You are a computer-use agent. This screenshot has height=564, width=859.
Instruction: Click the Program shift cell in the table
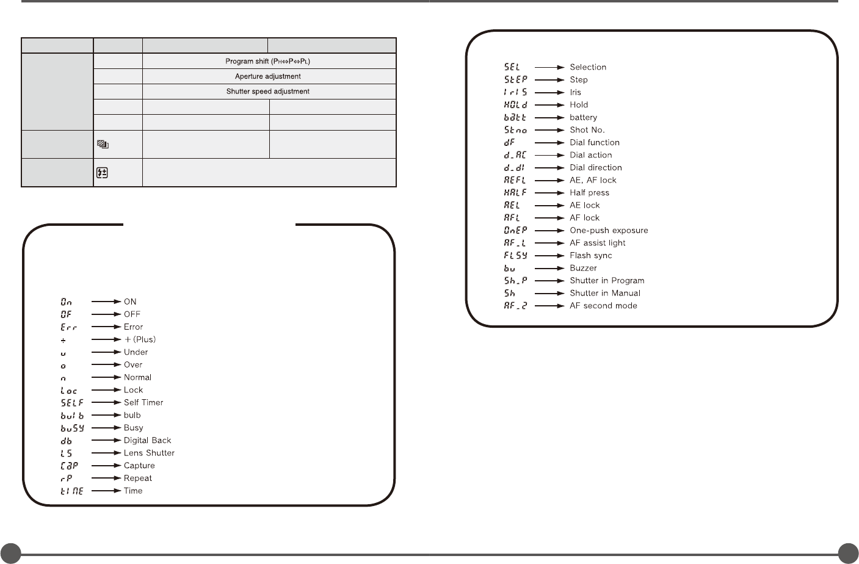pyautogui.click(x=268, y=61)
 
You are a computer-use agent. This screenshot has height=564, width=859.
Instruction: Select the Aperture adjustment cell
pyautogui.click(x=268, y=76)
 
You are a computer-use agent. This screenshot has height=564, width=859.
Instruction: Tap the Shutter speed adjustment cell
pyautogui.click(x=268, y=92)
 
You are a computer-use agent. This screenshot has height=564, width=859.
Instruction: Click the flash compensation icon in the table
pyautogui.click(x=103, y=173)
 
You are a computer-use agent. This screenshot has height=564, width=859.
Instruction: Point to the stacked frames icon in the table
pyautogui.click(x=103, y=145)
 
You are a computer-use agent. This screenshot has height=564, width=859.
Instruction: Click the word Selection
pyautogui.click(x=588, y=67)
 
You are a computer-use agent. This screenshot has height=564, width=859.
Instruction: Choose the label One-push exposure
pyautogui.click(x=609, y=230)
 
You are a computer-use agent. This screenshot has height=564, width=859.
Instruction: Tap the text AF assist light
pyautogui.click(x=597, y=243)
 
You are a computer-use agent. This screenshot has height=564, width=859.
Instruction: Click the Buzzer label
pyautogui.click(x=583, y=268)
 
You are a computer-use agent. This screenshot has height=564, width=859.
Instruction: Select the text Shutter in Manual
pyautogui.click(x=605, y=293)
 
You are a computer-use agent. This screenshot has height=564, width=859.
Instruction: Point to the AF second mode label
pyautogui.click(x=603, y=306)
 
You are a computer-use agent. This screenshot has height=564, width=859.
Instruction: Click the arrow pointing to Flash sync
pyautogui.click(x=549, y=256)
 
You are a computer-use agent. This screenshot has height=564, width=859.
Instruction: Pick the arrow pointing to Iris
pyautogui.click(x=549, y=92)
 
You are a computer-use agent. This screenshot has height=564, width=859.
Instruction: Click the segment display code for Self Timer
pyautogui.click(x=72, y=403)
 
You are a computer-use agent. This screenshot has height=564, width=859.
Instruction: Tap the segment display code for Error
pyautogui.click(x=69, y=327)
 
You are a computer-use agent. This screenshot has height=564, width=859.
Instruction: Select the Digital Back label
pyautogui.click(x=147, y=440)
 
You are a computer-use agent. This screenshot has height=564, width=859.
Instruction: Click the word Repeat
pyautogui.click(x=138, y=478)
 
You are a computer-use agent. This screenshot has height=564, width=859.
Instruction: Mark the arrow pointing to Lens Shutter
pyautogui.click(x=106, y=453)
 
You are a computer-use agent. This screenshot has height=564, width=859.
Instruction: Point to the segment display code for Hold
pyautogui.click(x=515, y=105)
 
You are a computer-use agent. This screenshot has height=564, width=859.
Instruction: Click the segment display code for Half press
pyautogui.click(x=515, y=193)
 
